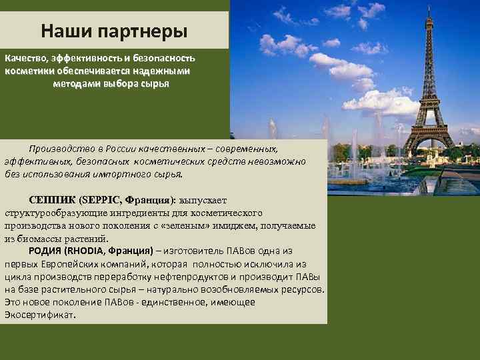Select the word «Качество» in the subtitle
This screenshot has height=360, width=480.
[26, 59]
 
